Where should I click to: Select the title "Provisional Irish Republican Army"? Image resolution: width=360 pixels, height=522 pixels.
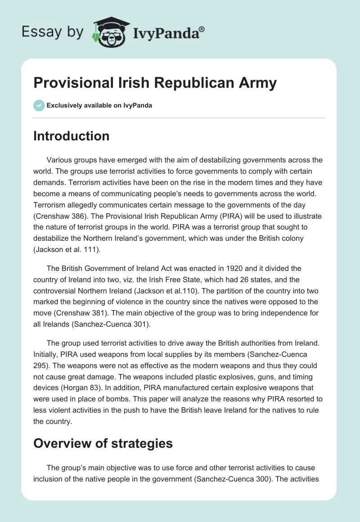pyautogui.click(x=155, y=83)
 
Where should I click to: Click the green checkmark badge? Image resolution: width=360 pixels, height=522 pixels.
pyautogui.click(x=38, y=105)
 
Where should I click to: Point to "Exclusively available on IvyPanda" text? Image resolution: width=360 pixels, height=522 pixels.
pyautogui.click(x=99, y=105)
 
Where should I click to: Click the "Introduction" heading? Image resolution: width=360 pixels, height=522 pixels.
pyautogui.click(x=71, y=136)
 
